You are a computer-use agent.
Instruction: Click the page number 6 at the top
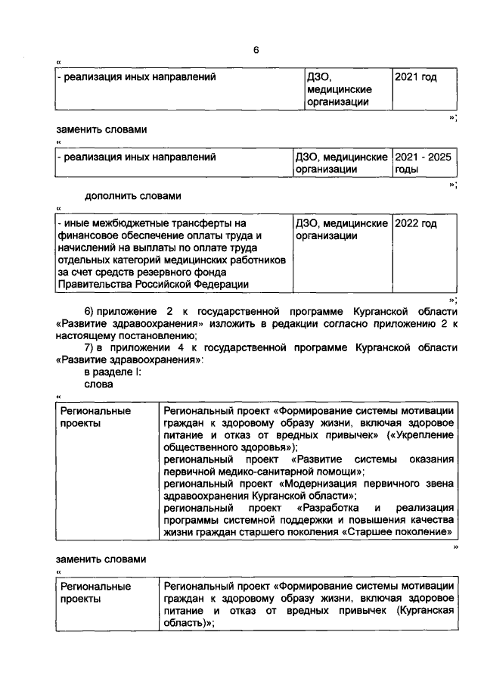(256, 50)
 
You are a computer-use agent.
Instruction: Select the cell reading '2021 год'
(416, 77)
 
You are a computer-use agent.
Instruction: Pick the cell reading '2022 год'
(416, 224)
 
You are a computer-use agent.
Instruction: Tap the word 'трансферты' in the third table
(203, 224)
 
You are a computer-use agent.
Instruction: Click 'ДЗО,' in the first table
(319, 77)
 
